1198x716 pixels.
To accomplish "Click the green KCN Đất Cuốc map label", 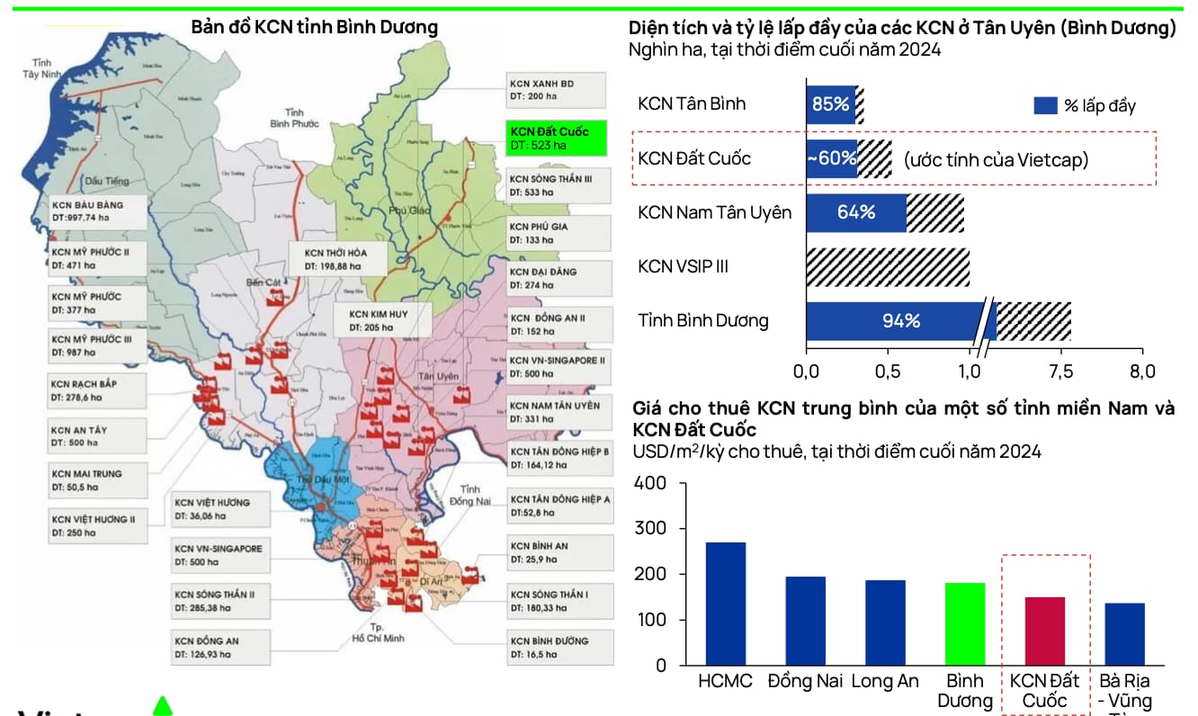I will click(555, 138).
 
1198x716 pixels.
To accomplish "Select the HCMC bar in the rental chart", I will click(725, 604).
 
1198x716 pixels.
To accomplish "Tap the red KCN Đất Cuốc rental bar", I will click(1044, 631).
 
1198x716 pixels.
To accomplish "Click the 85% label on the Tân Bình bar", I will click(830, 104).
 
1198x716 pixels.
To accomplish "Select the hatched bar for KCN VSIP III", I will click(888, 267).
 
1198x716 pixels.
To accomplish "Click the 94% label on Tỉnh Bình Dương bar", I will click(900, 321).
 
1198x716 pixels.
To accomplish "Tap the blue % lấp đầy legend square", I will click(1045, 105).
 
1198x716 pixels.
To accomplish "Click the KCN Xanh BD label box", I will click(555, 90).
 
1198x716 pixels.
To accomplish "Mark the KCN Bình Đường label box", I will click(556, 647).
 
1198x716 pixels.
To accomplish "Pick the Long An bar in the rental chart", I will click(885, 622).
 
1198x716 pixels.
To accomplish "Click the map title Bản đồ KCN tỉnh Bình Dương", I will click(315, 27).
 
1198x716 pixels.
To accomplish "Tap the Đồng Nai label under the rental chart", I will click(805, 681).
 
